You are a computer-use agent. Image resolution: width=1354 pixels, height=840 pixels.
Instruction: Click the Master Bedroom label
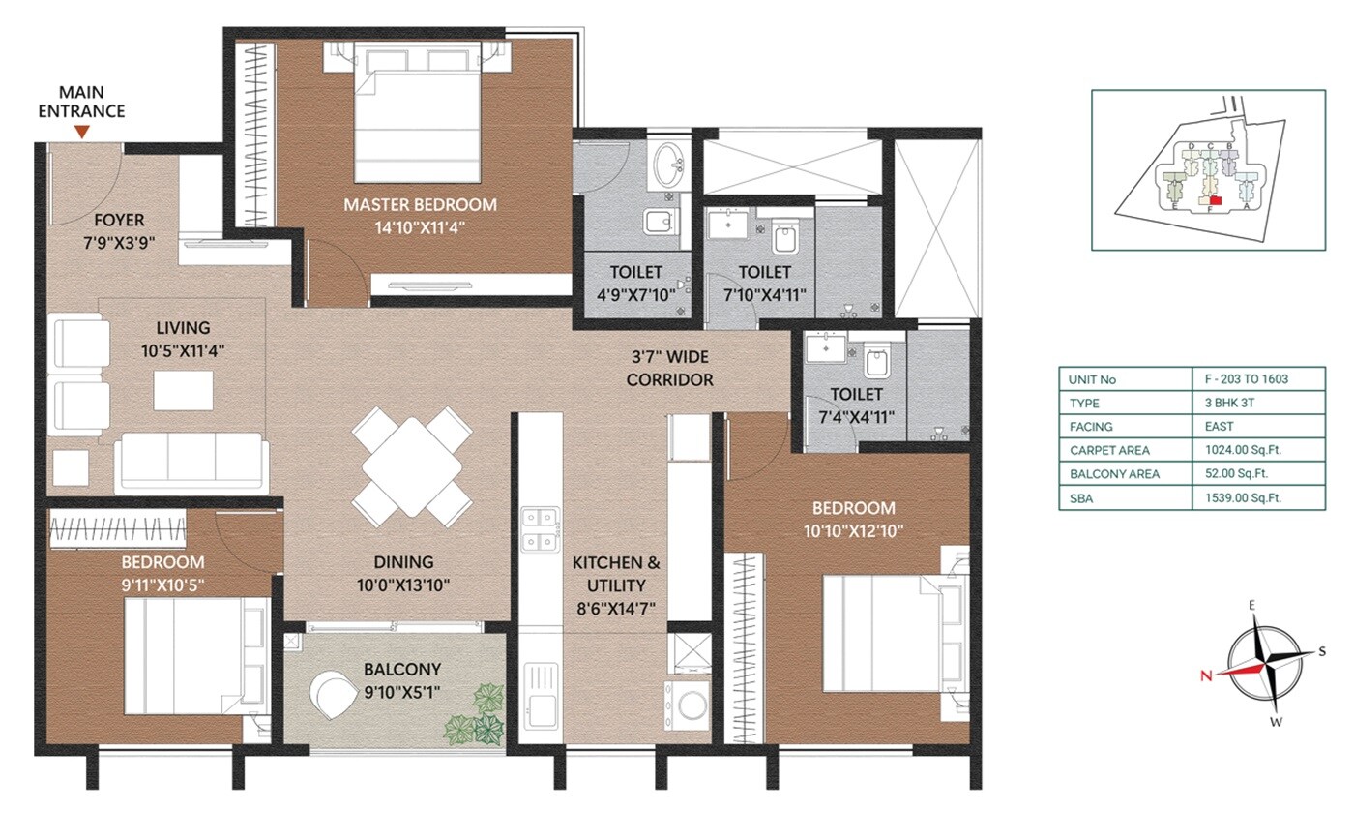(x=421, y=204)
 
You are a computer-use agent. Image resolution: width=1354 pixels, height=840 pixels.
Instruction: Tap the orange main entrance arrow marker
(x=82, y=131)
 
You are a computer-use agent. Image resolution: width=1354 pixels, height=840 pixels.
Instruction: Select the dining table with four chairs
(x=413, y=466)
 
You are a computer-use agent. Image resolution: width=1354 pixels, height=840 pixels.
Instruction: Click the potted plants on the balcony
(x=478, y=712)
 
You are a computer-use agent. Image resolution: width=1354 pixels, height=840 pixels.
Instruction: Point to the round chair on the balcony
(x=335, y=693)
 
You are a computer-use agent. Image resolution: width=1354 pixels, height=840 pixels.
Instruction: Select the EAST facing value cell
(x=1218, y=427)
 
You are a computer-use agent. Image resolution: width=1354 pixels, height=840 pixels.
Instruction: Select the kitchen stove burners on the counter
(x=542, y=529)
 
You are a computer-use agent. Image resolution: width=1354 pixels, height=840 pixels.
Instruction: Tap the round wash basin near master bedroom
(x=667, y=166)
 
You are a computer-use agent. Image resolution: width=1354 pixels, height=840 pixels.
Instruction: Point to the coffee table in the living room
(x=182, y=390)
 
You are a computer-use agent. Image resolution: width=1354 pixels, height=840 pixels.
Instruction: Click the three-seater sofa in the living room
(x=191, y=463)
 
